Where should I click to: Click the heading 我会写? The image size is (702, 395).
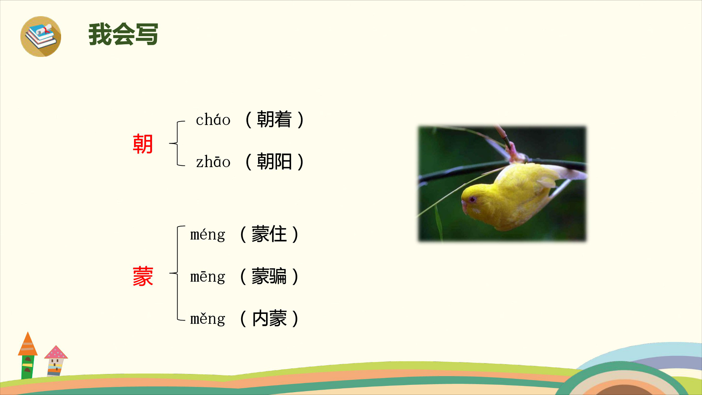pos(123,34)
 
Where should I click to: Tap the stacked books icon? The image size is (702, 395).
pos(41,37)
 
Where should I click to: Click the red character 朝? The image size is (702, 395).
pos(143,144)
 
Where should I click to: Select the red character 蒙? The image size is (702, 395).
pos(143,276)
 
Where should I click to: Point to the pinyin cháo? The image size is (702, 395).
pos(213,120)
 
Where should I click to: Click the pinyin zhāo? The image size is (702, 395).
pos(213,162)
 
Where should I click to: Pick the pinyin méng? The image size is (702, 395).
pos(207,235)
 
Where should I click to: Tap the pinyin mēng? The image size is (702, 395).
pos(207,277)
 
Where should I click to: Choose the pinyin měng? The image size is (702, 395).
pos(207,319)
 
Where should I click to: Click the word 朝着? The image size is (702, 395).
pos(274,119)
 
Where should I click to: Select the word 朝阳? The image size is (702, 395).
pos(274,162)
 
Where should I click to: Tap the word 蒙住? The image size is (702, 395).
pos(269,234)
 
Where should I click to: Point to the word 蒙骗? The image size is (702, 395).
pos(269,276)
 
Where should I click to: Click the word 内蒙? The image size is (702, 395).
pos(269,318)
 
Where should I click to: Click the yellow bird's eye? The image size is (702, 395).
pos(472,199)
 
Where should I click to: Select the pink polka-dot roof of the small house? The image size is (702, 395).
pos(56,352)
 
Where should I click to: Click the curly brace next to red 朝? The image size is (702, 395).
pos(177,143)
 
